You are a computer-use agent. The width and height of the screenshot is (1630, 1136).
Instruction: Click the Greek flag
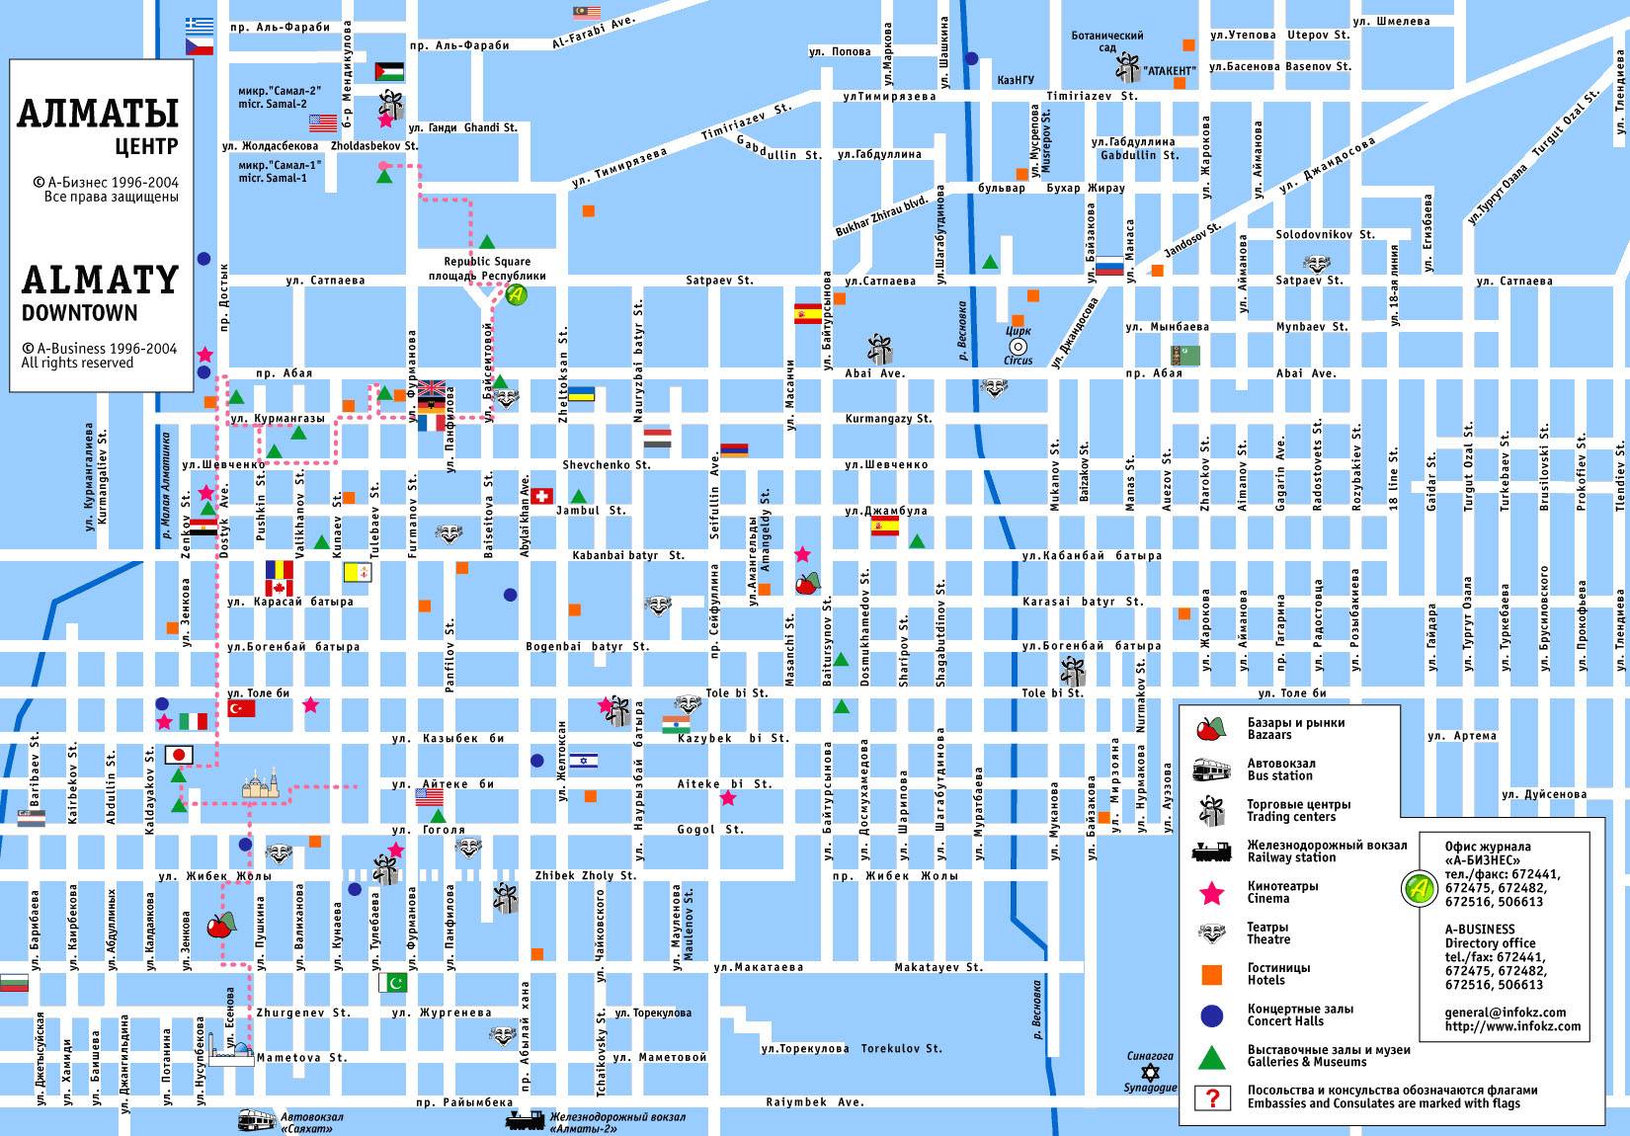pyautogui.click(x=200, y=25)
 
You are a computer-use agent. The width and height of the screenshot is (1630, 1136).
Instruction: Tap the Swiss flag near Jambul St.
pyautogui.click(x=541, y=495)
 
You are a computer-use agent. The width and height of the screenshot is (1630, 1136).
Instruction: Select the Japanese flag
pyautogui.click(x=179, y=755)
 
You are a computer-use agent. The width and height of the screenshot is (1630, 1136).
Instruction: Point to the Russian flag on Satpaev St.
pyautogui.click(x=1109, y=266)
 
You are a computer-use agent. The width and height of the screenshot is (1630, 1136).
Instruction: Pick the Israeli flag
pyautogui.click(x=583, y=761)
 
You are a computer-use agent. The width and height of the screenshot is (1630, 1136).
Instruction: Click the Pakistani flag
pyautogui.click(x=392, y=983)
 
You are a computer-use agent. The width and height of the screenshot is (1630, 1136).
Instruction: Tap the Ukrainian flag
pyautogui.click(x=580, y=393)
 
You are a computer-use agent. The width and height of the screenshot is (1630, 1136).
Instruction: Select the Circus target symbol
pyautogui.click(x=1018, y=347)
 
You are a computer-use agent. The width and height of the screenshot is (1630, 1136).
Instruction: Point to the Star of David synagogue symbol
pyautogui.click(x=1148, y=1072)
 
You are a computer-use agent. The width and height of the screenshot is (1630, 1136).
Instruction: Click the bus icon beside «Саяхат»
pyautogui.click(x=257, y=1119)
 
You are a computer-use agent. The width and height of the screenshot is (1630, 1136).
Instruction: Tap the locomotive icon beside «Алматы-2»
pyautogui.click(x=525, y=1119)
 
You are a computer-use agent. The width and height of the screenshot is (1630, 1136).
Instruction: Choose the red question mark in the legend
pyautogui.click(x=1211, y=1097)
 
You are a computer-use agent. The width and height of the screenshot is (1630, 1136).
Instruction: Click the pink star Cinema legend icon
pyautogui.click(x=1211, y=893)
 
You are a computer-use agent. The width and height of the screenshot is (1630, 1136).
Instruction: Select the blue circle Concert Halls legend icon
pyautogui.click(x=1211, y=1015)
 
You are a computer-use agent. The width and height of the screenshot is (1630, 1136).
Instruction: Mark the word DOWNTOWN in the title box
pyautogui.click(x=79, y=313)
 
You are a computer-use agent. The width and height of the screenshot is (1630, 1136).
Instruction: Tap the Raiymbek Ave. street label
pyautogui.click(x=814, y=1101)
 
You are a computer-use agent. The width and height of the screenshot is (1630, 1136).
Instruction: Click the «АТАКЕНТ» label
pyautogui.click(x=1170, y=71)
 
